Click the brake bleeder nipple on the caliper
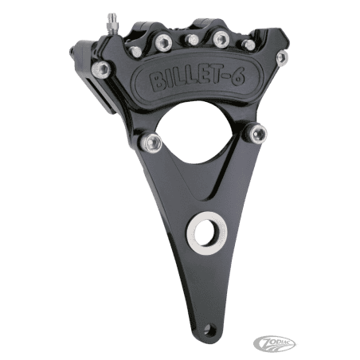111,23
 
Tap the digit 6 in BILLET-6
237,77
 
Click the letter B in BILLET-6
158,82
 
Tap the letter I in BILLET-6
169,81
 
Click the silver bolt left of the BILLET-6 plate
101,69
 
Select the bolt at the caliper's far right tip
282,57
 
